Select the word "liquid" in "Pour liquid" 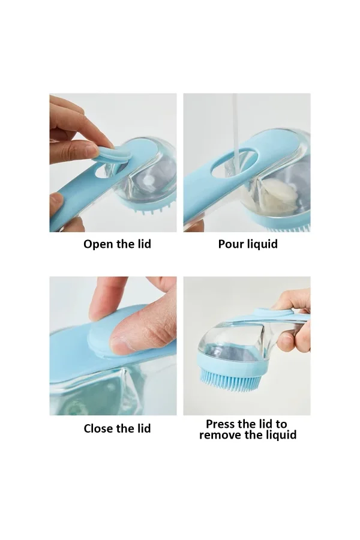(x=263, y=244)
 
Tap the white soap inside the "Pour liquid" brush (x=280, y=193)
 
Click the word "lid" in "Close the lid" (x=144, y=428)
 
